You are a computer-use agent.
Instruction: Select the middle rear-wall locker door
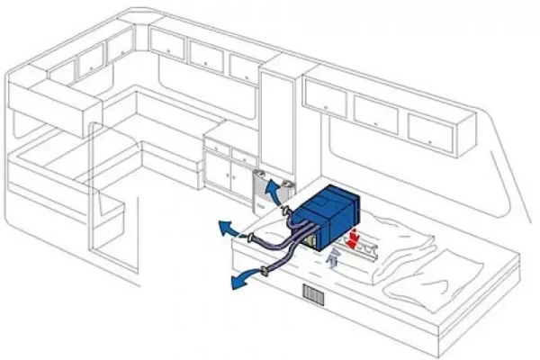pyautogui.click(x=205, y=55)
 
